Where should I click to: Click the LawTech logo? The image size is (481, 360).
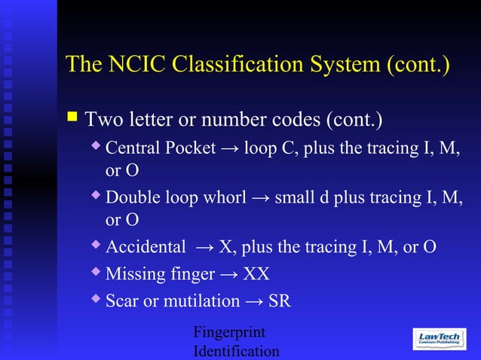tap(439, 339)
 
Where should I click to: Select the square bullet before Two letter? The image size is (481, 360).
tap(72, 117)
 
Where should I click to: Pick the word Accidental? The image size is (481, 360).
tap(146, 247)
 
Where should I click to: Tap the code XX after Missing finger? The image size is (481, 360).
tap(256, 273)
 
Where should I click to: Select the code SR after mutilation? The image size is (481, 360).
tap(279, 301)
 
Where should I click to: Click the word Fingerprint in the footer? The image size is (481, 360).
tap(229, 332)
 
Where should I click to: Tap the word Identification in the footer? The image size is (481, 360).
tap(236, 351)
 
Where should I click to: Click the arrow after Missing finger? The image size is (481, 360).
tap(228, 273)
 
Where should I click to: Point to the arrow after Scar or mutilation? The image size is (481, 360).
tap(254, 301)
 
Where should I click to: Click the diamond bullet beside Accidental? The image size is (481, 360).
tap(96, 246)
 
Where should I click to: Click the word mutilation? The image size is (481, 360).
tap(201, 301)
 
